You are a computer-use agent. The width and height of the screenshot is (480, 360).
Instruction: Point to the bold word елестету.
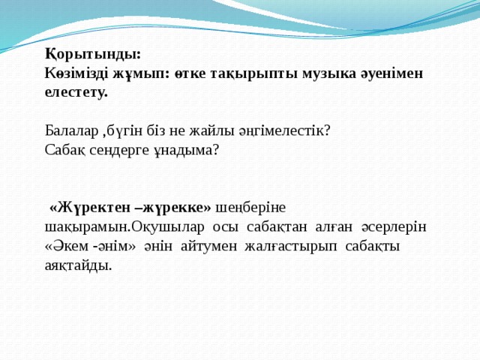pyautogui.click(x=76, y=92)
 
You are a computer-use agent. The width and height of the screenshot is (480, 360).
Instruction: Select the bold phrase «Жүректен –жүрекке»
pyautogui.click(x=132, y=206)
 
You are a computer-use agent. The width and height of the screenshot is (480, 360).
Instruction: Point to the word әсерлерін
pyautogui.click(x=395, y=226)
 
